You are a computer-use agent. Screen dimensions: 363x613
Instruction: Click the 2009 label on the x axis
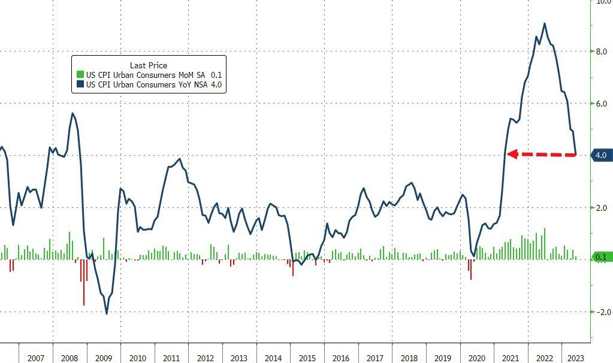tap(104, 358)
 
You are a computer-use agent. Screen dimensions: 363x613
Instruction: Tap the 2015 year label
tap(307, 358)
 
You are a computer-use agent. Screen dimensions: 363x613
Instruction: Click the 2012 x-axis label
tap(205, 358)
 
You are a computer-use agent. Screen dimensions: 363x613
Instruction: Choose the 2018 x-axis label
tap(409, 358)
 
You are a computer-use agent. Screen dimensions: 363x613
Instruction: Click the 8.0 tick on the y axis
tap(600, 52)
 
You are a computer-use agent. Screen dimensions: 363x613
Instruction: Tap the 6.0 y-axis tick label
tap(600, 104)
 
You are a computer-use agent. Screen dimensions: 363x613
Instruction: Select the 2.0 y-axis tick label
tap(600, 208)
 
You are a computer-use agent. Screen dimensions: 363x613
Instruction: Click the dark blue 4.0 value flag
tap(600, 156)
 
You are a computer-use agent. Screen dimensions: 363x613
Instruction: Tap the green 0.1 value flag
tap(600, 258)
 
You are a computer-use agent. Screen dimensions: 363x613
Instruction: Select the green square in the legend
tap(80, 75)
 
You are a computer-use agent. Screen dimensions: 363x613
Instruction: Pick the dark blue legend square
tap(80, 85)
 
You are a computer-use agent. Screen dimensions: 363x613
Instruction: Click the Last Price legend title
tap(149, 65)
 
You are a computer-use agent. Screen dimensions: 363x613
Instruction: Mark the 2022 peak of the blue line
tap(544, 24)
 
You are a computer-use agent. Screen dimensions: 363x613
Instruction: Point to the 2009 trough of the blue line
tap(107, 313)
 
